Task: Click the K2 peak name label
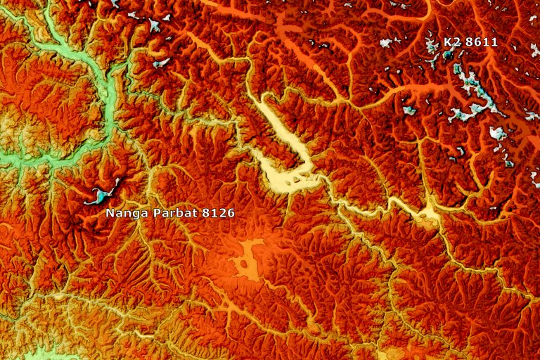[x=451, y=42]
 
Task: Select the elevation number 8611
[x=482, y=42]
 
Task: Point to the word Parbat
[x=169, y=212]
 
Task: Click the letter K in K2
[x=447, y=42]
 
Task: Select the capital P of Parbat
[x=152, y=212]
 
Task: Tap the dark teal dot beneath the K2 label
[x=446, y=54]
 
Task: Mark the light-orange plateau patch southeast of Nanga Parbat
[x=246, y=260]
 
